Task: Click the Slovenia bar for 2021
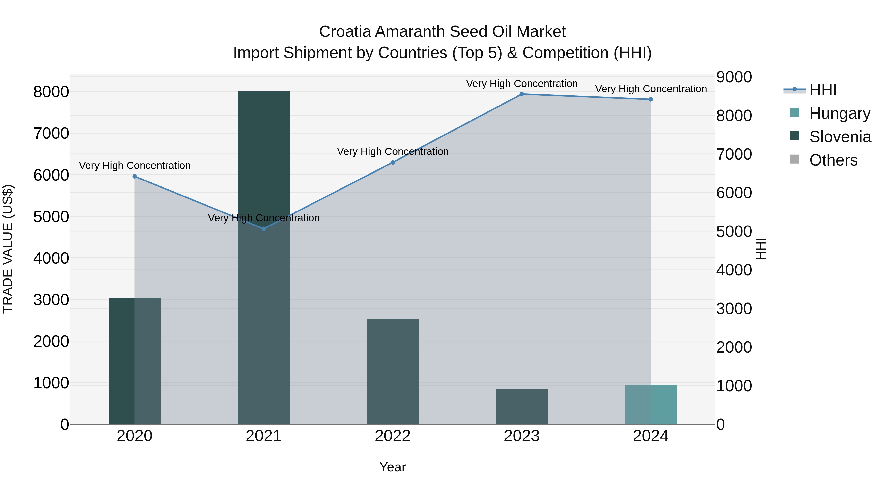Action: pyautogui.click(x=264, y=258)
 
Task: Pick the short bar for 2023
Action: pyautogui.click(x=521, y=406)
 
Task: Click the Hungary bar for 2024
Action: pyautogui.click(x=651, y=404)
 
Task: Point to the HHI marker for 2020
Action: pyautogui.click(x=135, y=176)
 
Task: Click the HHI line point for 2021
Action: pyautogui.click(x=264, y=228)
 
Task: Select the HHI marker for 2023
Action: pyautogui.click(x=521, y=94)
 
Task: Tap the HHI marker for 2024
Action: pyautogui.click(x=651, y=99)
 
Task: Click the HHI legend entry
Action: pyautogui.click(x=823, y=90)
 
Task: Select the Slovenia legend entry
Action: pyautogui.click(x=840, y=137)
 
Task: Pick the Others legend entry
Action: pyautogui.click(x=833, y=160)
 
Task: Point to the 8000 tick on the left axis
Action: pyautogui.click(x=51, y=92)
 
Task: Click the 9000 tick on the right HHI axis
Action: pyautogui.click(x=734, y=77)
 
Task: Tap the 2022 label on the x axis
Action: pyautogui.click(x=393, y=436)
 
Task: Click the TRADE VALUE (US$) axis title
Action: pyautogui.click(x=8, y=249)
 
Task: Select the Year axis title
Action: pyautogui.click(x=393, y=467)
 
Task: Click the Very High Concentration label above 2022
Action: pyautogui.click(x=393, y=151)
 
